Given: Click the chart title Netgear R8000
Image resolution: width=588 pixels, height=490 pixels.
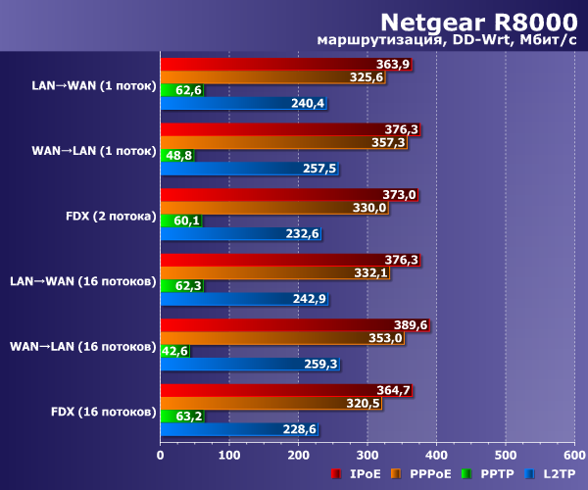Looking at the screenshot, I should (479, 21).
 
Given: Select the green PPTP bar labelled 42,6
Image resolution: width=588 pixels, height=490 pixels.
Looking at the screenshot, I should (174, 351).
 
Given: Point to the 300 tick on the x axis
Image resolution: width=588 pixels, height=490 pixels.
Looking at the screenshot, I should (367, 454).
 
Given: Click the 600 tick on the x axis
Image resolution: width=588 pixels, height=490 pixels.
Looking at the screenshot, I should (573, 454).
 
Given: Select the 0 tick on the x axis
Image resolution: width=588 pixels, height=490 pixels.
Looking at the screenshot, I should (160, 454).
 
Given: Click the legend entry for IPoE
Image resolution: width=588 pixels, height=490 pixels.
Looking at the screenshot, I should (360, 474).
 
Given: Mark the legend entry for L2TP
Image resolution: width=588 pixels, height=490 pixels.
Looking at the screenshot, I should (552, 474).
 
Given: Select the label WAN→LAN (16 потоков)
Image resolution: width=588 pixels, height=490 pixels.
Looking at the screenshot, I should (82, 345).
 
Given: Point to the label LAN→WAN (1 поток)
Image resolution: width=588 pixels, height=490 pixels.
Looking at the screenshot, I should (94, 85).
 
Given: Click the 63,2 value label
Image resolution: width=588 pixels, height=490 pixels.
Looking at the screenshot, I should (187, 416).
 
